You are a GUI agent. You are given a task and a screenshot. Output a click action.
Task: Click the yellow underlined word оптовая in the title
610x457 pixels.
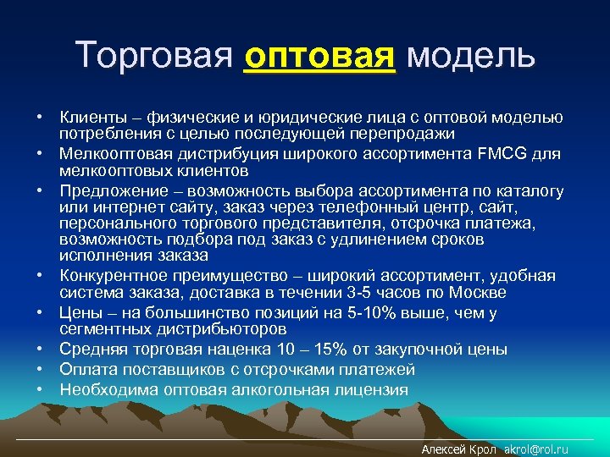coord(319,55)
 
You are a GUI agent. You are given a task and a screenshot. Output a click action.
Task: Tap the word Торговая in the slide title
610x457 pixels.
coord(153,55)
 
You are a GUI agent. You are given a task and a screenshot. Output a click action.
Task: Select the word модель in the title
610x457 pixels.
coord(470,55)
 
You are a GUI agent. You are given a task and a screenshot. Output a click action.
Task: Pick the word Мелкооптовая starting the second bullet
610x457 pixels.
coord(110,153)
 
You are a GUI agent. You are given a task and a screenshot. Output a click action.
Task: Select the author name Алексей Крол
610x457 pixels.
coord(458,449)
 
